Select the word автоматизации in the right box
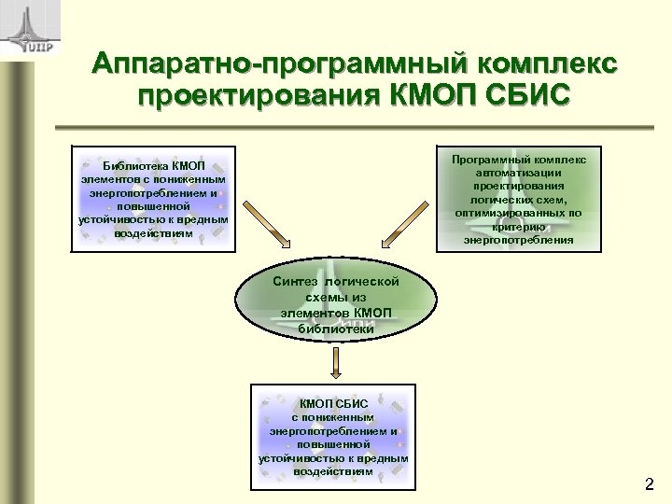click(519, 173)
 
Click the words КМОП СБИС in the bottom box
click(333, 403)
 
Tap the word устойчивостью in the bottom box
click(297, 458)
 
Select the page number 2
click(650, 484)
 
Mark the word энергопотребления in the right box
click(519, 241)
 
